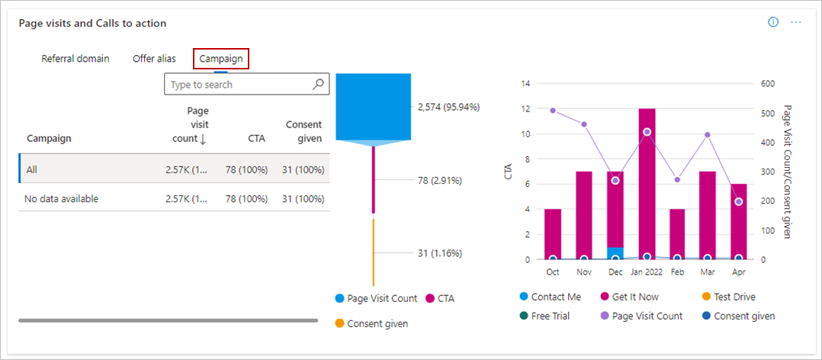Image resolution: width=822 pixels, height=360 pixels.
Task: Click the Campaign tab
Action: (221, 59)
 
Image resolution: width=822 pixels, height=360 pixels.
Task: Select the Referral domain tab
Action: (75, 59)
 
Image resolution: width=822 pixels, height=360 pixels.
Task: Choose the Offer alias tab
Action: (154, 59)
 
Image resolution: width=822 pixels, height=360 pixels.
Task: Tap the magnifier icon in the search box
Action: (319, 85)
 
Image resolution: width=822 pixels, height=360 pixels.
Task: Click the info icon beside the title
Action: (773, 22)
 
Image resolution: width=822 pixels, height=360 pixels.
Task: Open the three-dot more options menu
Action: (795, 22)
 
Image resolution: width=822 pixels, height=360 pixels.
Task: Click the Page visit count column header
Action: (191, 124)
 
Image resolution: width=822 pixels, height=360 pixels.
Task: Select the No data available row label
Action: (62, 199)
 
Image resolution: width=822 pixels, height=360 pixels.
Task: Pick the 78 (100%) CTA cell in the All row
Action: (244, 169)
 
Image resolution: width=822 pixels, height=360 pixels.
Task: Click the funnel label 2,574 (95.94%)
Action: (448, 108)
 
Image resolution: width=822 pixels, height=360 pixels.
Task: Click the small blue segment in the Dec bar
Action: (615, 252)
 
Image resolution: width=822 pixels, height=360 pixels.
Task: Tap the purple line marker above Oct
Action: (553, 111)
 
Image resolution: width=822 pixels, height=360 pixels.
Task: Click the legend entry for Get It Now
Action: (634, 297)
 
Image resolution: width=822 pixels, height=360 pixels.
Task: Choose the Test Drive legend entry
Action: (734, 297)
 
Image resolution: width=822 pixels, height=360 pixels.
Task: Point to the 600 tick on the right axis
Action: (768, 84)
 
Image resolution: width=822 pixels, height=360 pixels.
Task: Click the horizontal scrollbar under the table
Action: (168, 320)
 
